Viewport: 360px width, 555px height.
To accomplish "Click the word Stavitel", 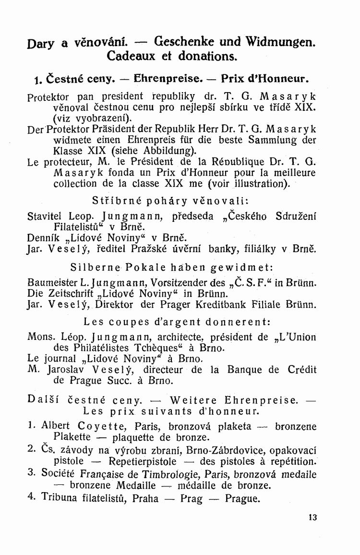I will coord(45,216).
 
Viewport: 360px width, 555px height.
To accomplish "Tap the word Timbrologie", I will coord(196,474).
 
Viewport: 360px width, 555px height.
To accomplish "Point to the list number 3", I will coord(31,473).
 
